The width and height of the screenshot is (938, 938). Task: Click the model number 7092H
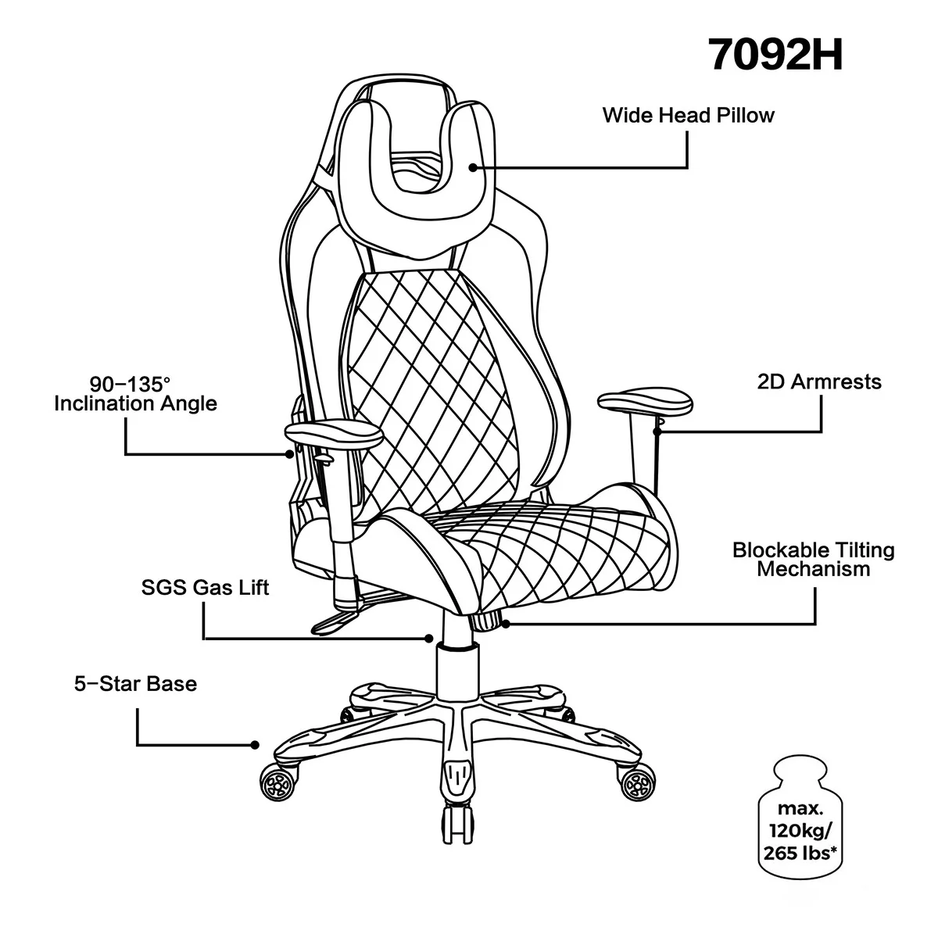coord(775,55)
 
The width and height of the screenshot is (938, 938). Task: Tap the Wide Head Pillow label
coord(688,116)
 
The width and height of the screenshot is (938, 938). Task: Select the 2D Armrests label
coord(819,382)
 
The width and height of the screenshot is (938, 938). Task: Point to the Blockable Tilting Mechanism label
coord(813,559)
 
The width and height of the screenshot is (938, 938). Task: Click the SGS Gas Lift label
coord(205,587)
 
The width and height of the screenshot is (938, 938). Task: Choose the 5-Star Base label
coord(135,685)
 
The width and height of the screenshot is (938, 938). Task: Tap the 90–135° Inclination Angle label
coord(135,394)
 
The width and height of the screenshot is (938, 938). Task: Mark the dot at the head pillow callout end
coord(473,166)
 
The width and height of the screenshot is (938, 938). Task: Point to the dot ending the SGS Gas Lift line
coord(428,639)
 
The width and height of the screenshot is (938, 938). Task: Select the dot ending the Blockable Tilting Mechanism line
coord(506,623)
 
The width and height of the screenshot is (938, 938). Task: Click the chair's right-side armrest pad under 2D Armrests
coord(646,403)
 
